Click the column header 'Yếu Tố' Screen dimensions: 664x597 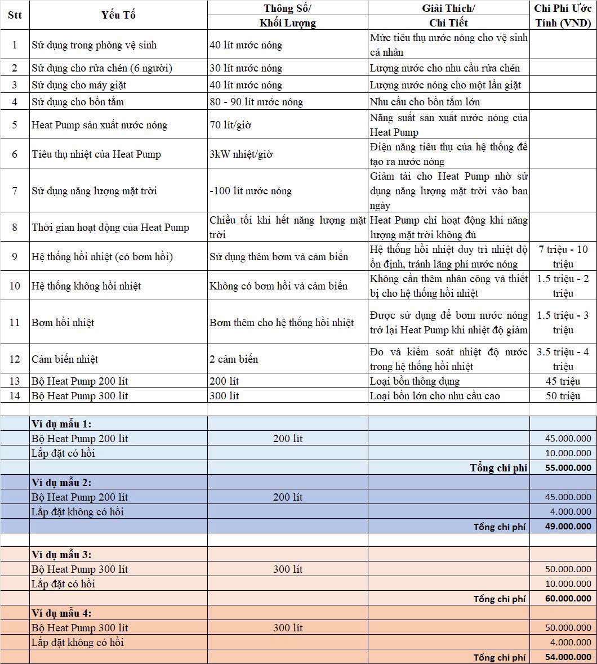click(118, 15)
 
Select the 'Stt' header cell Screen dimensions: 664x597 click(15, 15)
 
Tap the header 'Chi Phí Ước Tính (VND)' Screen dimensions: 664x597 click(563, 15)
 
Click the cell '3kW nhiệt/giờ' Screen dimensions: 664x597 click(240, 154)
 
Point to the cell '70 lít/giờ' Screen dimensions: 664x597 click(230, 125)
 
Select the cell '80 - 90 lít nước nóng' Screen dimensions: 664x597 click(256, 102)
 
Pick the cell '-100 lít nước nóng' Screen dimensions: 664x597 click(251, 191)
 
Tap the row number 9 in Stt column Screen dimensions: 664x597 click(15, 257)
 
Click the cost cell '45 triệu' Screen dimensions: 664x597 click(563, 381)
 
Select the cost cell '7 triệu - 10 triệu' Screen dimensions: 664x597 click(563, 257)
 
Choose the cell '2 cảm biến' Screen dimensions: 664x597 click(234, 359)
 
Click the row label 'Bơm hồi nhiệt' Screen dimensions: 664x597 click(63, 323)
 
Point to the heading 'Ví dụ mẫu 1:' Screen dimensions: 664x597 click(61, 424)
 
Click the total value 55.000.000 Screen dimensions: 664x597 click(568, 467)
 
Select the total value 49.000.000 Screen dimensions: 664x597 click(568, 526)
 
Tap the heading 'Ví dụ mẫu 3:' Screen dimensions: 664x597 click(61, 555)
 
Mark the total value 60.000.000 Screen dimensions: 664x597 click(568, 599)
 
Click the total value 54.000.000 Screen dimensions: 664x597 click(568, 657)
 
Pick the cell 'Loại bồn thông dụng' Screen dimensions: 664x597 click(415, 381)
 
